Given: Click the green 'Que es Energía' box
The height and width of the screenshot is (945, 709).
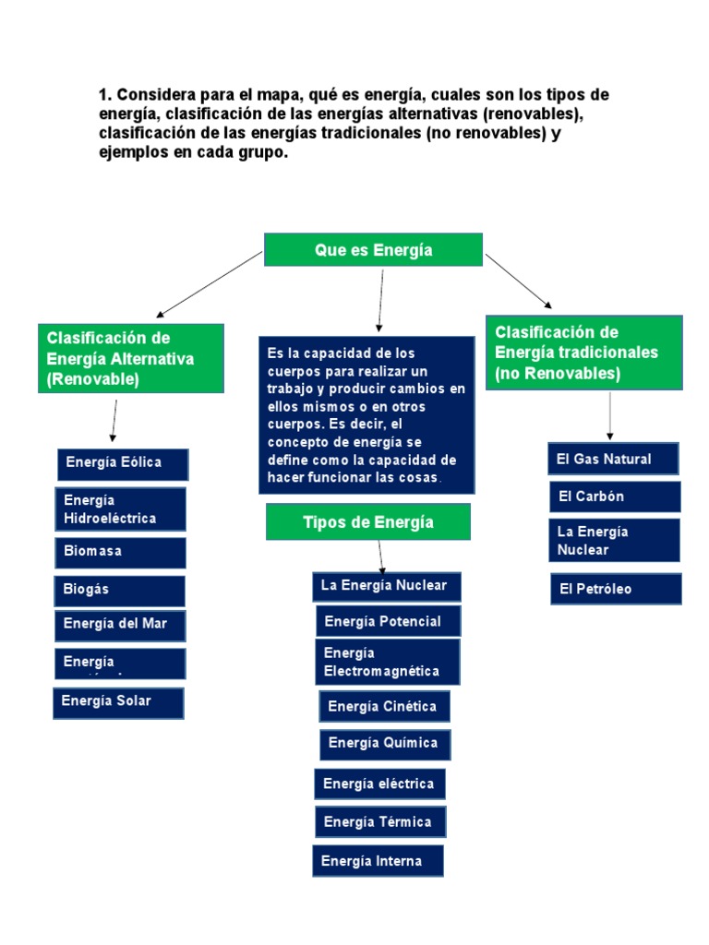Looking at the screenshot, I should (x=373, y=249).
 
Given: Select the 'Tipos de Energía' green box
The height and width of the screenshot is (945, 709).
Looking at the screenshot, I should (x=368, y=522).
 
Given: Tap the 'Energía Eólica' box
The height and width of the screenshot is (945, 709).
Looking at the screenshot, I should (x=123, y=464).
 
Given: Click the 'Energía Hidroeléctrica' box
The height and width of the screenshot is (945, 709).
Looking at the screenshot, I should (x=120, y=509).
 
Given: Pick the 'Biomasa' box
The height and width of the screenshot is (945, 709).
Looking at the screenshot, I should (x=120, y=552).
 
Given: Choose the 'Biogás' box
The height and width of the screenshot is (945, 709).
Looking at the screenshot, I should (x=120, y=590).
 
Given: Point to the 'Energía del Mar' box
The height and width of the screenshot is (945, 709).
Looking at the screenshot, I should (x=120, y=625).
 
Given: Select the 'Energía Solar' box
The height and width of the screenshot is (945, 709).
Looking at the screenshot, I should (x=118, y=702).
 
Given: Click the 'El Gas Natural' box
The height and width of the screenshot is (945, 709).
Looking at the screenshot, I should (x=614, y=459).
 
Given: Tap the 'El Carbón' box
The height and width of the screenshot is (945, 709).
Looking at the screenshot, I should (x=615, y=496).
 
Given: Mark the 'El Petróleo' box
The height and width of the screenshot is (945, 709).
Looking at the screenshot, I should (x=616, y=589).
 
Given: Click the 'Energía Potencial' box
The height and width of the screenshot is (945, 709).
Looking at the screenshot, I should (x=388, y=621).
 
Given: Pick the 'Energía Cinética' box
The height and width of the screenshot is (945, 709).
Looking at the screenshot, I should (x=385, y=707).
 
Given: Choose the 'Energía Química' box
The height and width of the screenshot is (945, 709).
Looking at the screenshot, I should (x=385, y=744).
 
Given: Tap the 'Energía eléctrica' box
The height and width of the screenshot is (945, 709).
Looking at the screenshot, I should (x=379, y=784).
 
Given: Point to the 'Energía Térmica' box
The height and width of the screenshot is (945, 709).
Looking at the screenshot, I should (x=379, y=822).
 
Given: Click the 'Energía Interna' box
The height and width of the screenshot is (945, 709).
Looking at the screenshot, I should (x=378, y=861).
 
